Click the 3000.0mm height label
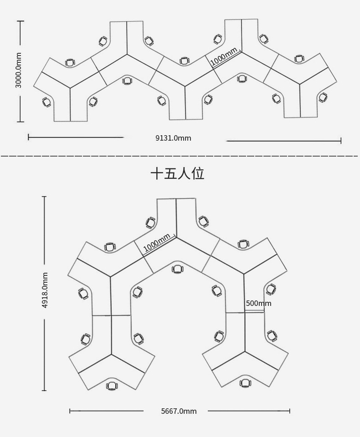[18, 70]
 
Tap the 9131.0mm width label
[173, 138]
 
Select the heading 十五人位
[177, 173]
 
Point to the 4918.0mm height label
[45, 290]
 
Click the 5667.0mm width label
[179, 411]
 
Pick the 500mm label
[258, 303]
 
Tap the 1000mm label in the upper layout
[224, 56]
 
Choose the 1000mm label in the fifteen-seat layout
[157, 243]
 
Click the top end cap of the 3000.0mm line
[21, 21]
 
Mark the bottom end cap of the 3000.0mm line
[21, 122]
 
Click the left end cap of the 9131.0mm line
[29, 137]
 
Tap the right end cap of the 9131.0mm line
[341, 141]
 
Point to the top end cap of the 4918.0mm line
[44, 197]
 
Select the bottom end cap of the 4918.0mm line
[44, 390]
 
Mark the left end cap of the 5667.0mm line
[70, 411]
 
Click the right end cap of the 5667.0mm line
[289, 411]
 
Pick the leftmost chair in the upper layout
[46, 102]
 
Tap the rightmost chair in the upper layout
[323, 97]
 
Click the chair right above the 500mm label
[271, 289]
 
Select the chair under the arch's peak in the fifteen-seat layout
[178, 269]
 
